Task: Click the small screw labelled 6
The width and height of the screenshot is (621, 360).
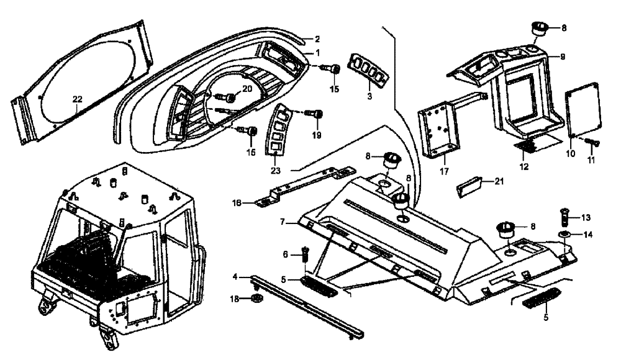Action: point(305,253)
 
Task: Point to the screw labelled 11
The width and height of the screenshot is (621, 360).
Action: point(591,143)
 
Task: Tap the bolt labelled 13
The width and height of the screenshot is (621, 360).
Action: point(566,217)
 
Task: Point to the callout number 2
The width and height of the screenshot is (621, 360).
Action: point(317,39)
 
